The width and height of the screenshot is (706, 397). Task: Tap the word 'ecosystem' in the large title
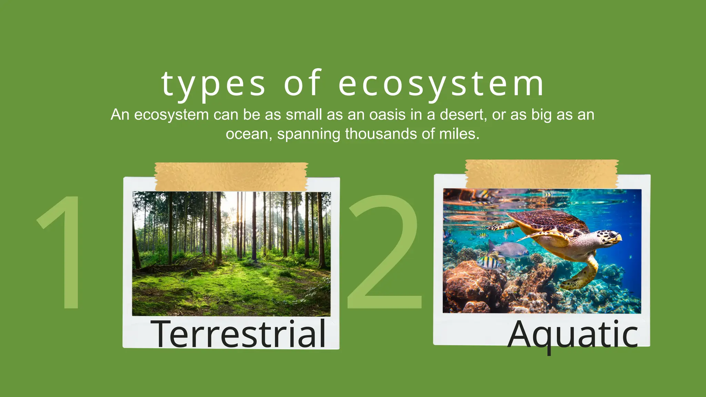click(441, 84)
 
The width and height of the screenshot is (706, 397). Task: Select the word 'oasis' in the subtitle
click(387, 115)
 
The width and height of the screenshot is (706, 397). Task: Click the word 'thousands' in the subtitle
click(381, 134)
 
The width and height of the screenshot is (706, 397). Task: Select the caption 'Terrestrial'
click(239, 334)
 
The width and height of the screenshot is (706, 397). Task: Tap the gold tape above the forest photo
click(231, 176)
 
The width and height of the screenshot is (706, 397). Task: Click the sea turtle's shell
click(548, 221)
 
